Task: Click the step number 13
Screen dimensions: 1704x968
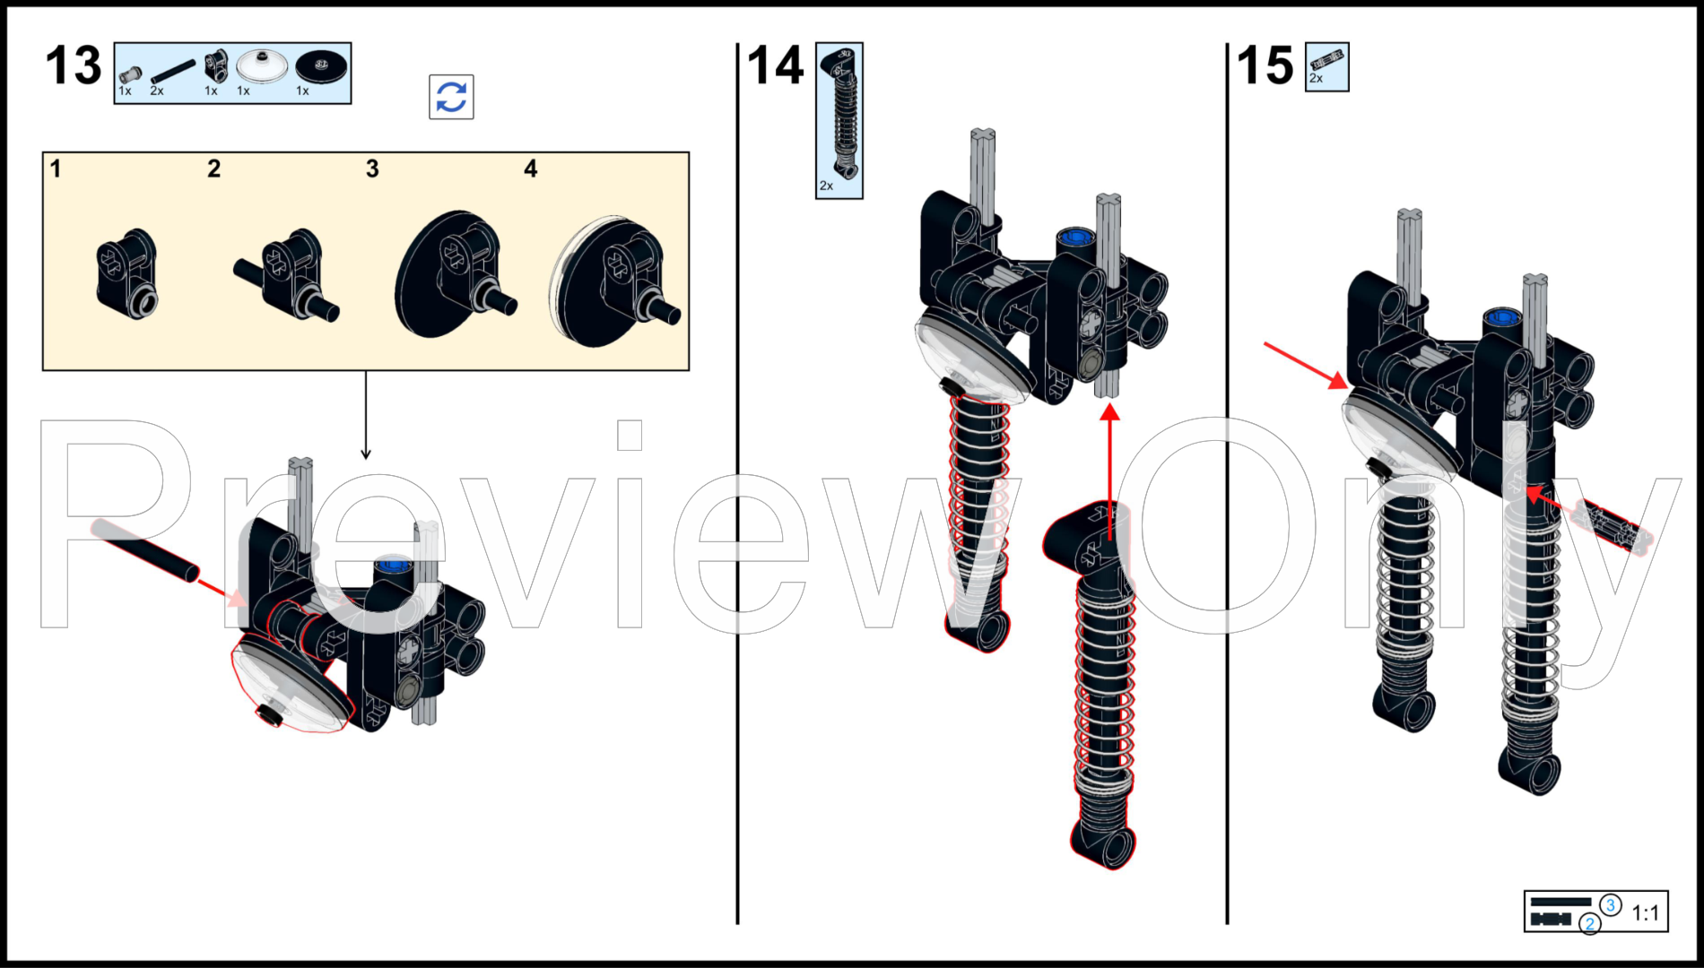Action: pos(74,65)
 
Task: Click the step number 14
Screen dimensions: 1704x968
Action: pos(776,65)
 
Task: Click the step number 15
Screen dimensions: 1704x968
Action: pos(1265,65)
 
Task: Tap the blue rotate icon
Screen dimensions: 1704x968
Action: pos(451,97)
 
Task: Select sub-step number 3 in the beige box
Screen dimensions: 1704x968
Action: pos(372,169)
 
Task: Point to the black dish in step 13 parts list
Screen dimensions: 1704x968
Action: pos(322,65)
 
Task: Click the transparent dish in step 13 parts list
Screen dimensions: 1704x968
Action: pos(263,66)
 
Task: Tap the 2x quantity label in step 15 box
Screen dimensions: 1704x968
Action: pos(1316,79)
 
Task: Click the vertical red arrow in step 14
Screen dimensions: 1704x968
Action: pos(1110,472)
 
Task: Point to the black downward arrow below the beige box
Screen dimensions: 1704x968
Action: pos(366,415)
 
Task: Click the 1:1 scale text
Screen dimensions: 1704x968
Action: pos(1645,913)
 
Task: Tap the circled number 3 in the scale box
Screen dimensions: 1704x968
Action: pos(1611,905)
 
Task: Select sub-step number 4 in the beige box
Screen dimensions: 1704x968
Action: pos(531,169)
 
